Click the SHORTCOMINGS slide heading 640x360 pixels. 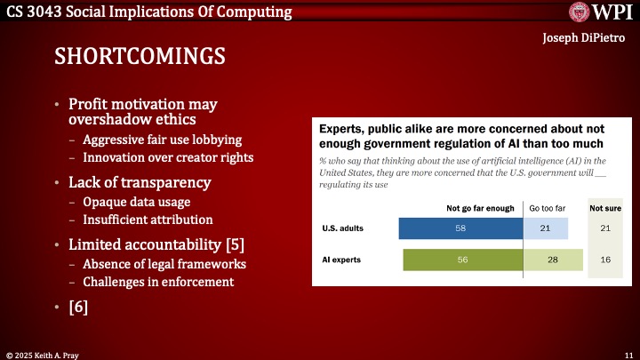140,56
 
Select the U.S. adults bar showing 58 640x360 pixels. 460,230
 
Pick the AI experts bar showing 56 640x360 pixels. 463,260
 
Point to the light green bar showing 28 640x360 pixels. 553,260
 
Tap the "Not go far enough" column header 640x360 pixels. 480,208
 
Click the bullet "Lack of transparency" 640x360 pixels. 140,182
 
